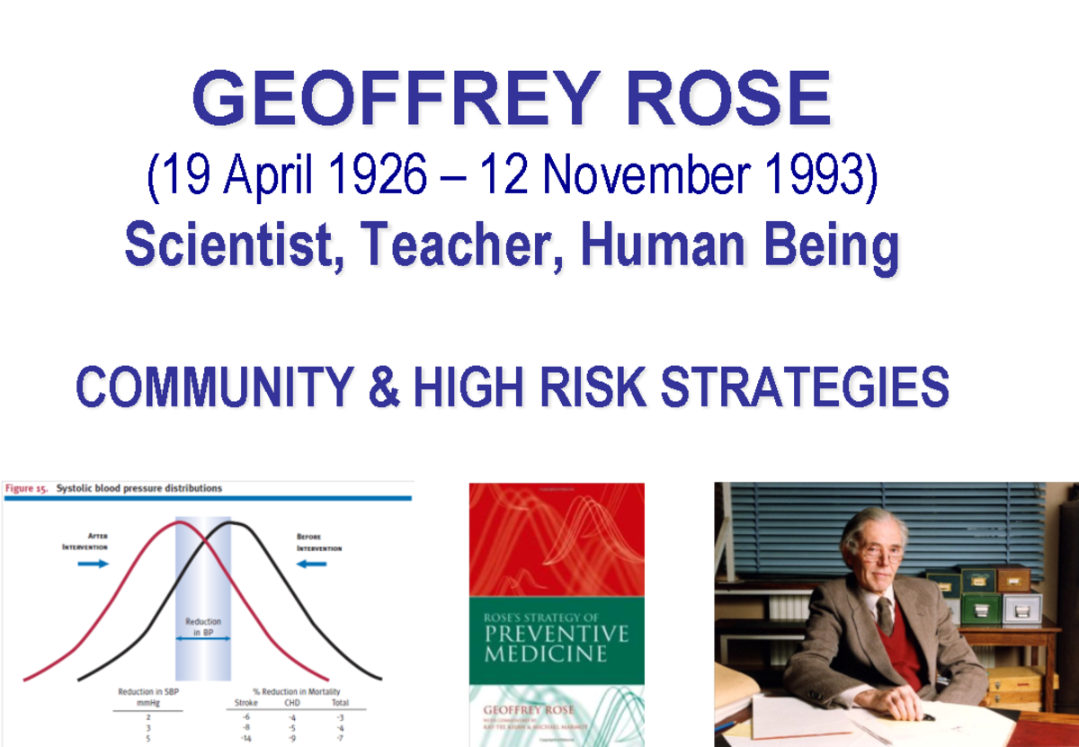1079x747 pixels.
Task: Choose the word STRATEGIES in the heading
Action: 805,389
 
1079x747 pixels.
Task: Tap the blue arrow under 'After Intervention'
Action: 93,564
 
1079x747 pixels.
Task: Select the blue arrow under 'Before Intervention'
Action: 312,564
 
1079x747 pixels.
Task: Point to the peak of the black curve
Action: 231,523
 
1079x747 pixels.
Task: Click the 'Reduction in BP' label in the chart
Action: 203,627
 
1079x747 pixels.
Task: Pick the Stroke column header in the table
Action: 245,704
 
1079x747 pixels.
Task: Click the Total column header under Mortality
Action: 340,704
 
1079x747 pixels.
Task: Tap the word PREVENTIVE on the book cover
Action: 555,635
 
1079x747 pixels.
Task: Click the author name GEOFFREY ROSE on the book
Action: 528,710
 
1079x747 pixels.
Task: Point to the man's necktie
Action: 886,615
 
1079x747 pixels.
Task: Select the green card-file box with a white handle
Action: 981,609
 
